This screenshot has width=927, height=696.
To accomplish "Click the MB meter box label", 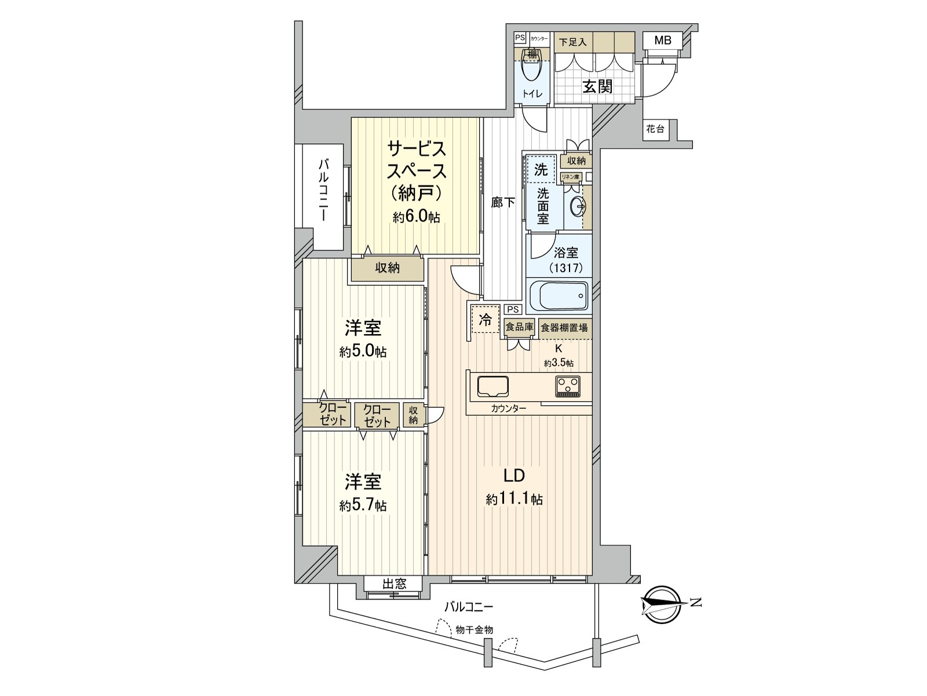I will click(x=662, y=40).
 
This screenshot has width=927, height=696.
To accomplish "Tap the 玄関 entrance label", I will click(x=597, y=86).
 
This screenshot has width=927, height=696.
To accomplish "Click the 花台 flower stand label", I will click(x=655, y=129).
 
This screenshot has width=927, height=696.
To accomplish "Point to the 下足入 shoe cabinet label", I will click(x=572, y=42).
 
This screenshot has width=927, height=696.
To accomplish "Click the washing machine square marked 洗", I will click(x=540, y=170).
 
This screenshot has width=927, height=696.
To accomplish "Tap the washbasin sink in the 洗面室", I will click(x=577, y=206).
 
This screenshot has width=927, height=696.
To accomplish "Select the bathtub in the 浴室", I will click(x=557, y=296).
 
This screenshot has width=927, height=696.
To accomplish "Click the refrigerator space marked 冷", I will click(x=486, y=319).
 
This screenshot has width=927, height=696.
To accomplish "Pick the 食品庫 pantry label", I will click(x=519, y=327).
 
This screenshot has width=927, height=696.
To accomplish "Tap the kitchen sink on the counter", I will click(x=493, y=386).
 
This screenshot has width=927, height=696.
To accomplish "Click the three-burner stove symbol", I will click(x=568, y=386).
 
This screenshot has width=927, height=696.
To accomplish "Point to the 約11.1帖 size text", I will click(x=514, y=499).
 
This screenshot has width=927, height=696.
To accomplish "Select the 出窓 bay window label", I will click(x=394, y=584).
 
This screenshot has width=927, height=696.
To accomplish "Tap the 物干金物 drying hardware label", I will click(x=474, y=629).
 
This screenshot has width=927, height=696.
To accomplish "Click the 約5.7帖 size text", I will click(x=363, y=506).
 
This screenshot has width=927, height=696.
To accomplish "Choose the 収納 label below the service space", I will click(x=387, y=268).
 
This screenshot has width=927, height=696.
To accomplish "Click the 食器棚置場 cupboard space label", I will click(x=564, y=328).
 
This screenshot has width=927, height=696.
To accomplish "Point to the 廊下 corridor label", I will click(x=503, y=203).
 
